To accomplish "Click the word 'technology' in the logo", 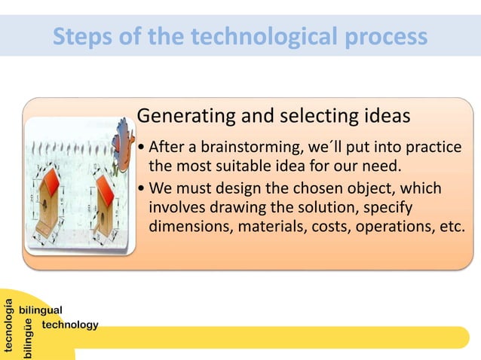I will click(70, 325).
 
